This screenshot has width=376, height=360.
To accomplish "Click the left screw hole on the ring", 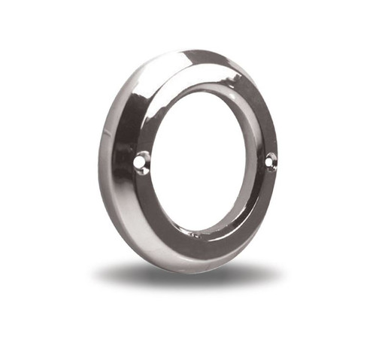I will [x=141, y=161].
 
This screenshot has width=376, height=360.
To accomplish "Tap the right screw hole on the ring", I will [x=270, y=159].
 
